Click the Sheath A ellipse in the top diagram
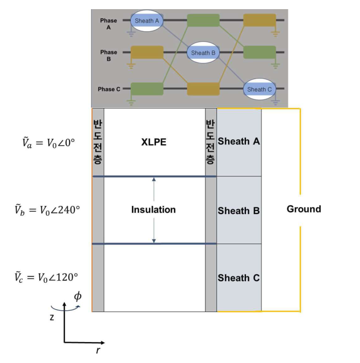(x=147, y=20)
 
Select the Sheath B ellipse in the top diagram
(x=203, y=53)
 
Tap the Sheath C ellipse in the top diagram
(x=260, y=89)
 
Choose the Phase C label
(x=110, y=89)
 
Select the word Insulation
(x=153, y=210)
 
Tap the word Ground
(x=303, y=209)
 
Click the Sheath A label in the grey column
(x=239, y=141)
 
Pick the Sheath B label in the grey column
(x=239, y=211)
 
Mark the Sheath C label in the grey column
(x=239, y=278)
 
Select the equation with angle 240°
(x=47, y=209)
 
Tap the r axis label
(x=98, y=351)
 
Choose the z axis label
(x=52, y=317)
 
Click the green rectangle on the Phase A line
(x=203, y=20)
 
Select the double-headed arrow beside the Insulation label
(x=153, y=210)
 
